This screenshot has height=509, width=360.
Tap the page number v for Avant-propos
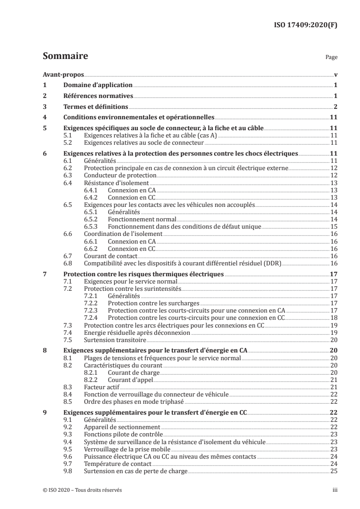point(335,75)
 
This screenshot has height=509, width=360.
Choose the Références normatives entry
point(99,96)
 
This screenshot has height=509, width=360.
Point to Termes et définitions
point(96,107)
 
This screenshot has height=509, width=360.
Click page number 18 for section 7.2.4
point(333,318)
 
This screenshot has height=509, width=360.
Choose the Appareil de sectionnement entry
point(122,427)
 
